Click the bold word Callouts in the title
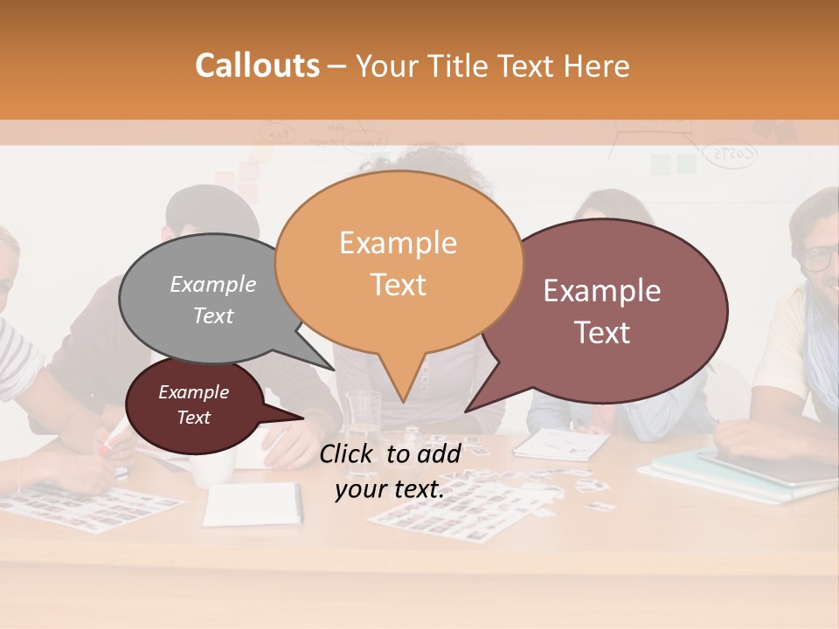coord(257,66)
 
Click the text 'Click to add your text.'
coord(390,471)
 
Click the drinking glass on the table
coord(363,419)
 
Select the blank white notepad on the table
coord(253,504)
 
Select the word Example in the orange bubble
coord(398,243)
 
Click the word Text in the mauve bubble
coord(603,333)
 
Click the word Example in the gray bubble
coord(213,284)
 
